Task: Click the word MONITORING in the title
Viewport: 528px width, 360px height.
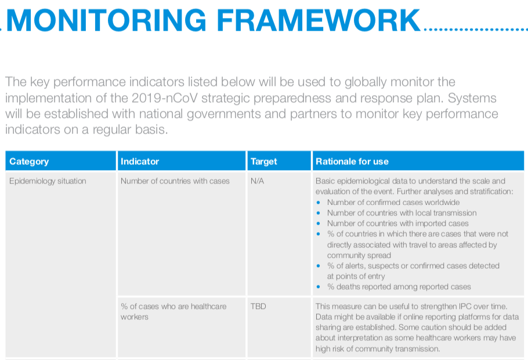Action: click(x=106, y=20)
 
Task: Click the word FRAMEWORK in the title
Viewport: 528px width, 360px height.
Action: click(x=319, y=20)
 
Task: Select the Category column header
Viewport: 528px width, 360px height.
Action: click(x=60, y=161)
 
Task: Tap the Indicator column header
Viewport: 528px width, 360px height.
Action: click(x=182, y=161)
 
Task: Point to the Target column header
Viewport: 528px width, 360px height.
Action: click(x=279, y=161)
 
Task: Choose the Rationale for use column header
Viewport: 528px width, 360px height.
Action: click(x=418, y=161)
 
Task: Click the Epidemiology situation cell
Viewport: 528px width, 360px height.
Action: click(x=48, y=181)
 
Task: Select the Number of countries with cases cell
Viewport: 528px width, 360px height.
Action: click(x=175, y=181)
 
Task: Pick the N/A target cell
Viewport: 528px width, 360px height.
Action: click(x=257, y=181)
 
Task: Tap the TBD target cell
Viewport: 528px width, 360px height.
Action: click(x=258, y=307)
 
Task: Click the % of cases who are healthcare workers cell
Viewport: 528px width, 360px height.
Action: click(x=173, y=311)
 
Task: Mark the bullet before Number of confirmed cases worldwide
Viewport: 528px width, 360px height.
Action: click(x=318, y=203)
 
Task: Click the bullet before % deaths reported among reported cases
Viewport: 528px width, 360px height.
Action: click(x=318, y=287)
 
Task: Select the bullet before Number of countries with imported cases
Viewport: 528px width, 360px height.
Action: click(x=318, y=224)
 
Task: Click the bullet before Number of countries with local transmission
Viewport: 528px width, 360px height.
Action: click(x=318, y=213)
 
